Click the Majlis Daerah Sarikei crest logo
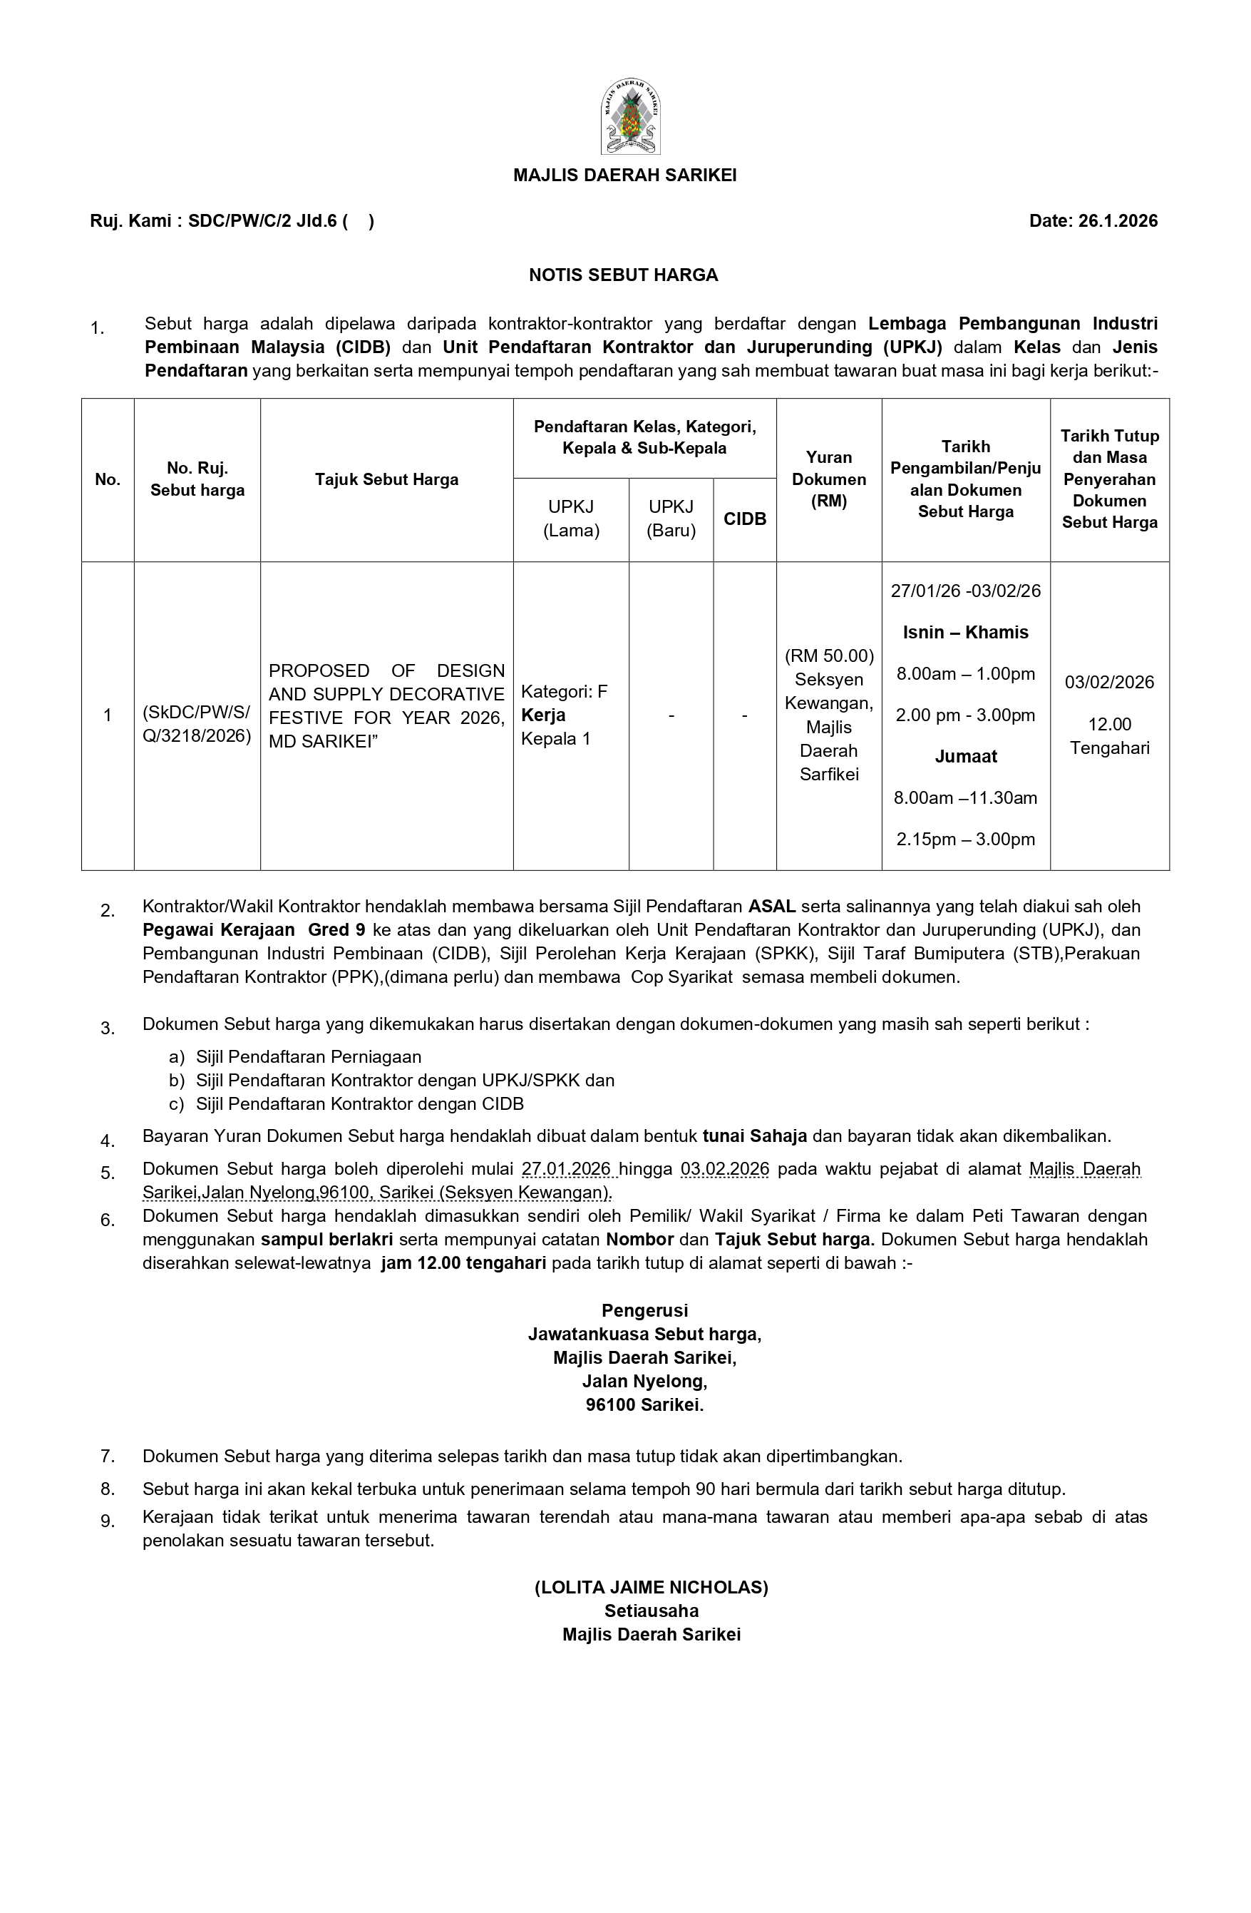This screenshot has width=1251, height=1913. [x=631, y=118]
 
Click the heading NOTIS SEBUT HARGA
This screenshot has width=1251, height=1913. [x=623, y=275]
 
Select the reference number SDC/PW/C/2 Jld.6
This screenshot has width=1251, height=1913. [x=262, y=221]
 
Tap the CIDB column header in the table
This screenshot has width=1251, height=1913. [x=745, y=519]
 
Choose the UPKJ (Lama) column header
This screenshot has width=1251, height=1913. [x=571, y=519]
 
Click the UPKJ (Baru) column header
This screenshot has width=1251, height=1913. [x=671, y=519]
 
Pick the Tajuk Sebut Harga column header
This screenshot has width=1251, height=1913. [x=386, y=480]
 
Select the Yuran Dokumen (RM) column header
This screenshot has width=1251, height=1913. [x=828, y=479]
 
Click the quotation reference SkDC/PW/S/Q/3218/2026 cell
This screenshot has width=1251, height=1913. [x=197, y=723]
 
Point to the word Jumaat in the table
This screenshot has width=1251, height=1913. [x=966, y=756]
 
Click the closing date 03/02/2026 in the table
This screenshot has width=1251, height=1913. [x=1110, y=683]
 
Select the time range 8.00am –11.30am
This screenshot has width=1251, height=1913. [x=966, y=798]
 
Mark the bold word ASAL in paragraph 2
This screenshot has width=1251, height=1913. [x=772, y=907]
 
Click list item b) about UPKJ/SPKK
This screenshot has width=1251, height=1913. [x=404, y=1081]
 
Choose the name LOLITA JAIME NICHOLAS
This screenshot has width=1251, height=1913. [x=652, y=1588]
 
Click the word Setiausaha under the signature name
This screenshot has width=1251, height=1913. [x=652, y=1611]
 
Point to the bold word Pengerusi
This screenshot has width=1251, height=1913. [x=644, y=1311]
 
